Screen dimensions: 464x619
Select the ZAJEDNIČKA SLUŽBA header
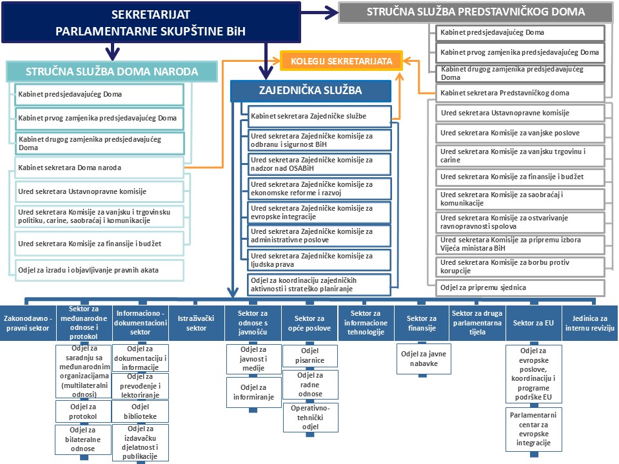pyautogui.click(x=311, y=91)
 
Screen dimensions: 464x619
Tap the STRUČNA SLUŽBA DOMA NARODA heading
pyautogui.click(x=112, y=72)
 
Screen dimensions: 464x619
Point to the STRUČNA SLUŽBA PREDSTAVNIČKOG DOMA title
pyautogui.click(x=476, y=12)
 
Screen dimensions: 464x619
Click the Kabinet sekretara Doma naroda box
pyautogui.click(x=100, y=168)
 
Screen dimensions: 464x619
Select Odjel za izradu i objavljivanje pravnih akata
pyautogui.click(x=100, y=269)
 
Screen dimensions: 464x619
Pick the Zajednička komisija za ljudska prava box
pyautogui.click(x=320, y=260)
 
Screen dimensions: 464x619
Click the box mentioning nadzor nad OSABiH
pyautogui.click(x=320, y=164)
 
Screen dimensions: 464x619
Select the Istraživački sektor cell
pyautogui.click(x=196, y=323)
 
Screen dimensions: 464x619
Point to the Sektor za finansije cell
pyautogui.click(x=422, y=323)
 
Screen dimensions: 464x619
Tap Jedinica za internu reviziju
pyautogui.click(x=590, y=323)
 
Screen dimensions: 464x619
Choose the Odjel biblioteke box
pyautogui.click(x=140, y=411)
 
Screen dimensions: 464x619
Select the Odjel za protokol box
pyautogui.click(x=83, y=411)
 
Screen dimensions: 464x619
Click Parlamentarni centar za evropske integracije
pyautogui.click(x=533, y=429)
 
